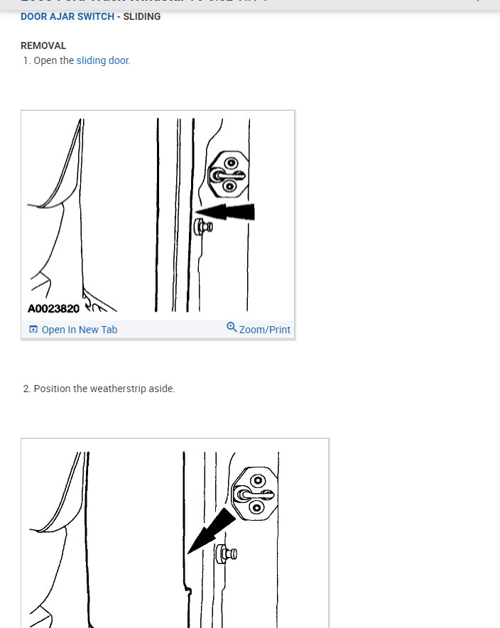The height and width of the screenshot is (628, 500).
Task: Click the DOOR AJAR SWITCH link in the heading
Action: pyautogui.click(x=67, y=16)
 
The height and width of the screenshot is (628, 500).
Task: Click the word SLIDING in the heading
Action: pyautogui.click(x=142, y=16)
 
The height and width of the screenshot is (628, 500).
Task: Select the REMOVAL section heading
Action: pyautogui.click(x=43, y=45)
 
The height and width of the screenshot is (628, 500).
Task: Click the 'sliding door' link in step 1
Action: pyautogui.click(x=102, y=60)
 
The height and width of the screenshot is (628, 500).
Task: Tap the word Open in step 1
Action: pyautogui.click(x=44, y=60)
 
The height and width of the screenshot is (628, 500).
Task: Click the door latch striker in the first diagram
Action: pyautogui.click(x=228, y=173)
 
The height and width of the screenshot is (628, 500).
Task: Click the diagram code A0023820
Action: pyautogui.click(x=54, y=309)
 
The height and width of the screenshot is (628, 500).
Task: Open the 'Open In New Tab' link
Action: pyautogui.click(x=79, y=330)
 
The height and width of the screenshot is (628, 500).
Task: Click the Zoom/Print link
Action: pyautogui.click(x=264, y=330)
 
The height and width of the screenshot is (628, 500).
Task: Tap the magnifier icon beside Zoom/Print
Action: pyautogui.click(x=232, y=327)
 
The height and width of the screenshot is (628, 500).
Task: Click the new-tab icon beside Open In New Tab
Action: pyautogui.click(x=33, y=330)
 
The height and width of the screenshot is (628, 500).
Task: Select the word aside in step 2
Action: pyautogui.click(x=161, y=389)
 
